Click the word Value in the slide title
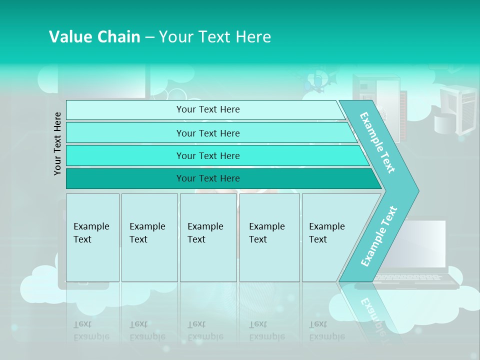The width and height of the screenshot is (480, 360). click(68, 37)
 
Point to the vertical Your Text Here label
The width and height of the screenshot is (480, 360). click(58, 143)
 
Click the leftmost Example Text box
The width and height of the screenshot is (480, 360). click(92, 237)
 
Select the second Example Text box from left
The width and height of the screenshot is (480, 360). click(149, 237)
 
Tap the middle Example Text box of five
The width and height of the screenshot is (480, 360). click(208, 237)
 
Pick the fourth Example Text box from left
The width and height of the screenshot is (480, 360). click(269, 237)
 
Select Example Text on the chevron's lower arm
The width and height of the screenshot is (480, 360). click(378, 236)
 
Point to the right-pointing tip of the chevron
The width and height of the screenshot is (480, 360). click(417, 190)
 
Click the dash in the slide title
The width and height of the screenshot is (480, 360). click(149, 37)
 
